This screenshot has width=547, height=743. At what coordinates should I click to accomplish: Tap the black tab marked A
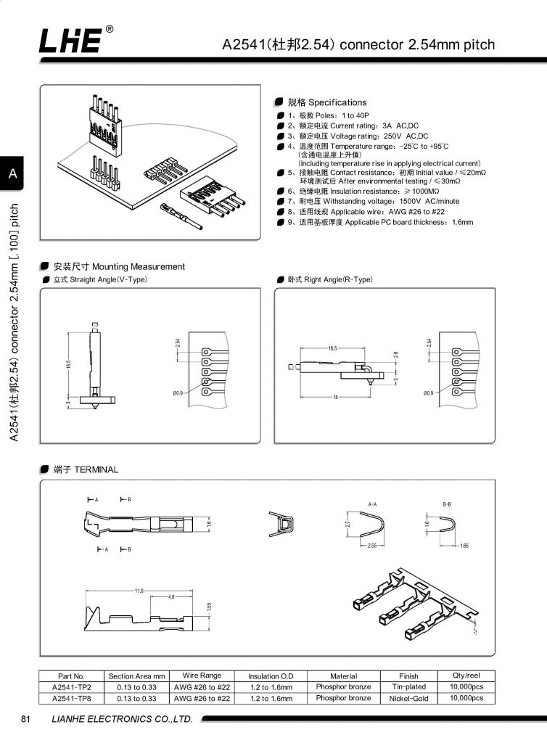click(x=13, y=173)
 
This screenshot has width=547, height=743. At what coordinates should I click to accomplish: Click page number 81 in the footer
click(x=26, y=720)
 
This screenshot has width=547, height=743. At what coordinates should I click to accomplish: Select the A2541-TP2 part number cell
click(x=71, y=686)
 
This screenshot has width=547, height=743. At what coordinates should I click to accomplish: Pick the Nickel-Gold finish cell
click(x=408, y=698)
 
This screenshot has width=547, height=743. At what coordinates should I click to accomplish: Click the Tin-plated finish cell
click(x=408, y=686)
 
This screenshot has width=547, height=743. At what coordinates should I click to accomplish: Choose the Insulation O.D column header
click(x=270, y=676)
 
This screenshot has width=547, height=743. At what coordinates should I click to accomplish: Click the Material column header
click(x=343, y=676)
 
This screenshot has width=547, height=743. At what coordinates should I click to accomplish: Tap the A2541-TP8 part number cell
click(x=71, y=698)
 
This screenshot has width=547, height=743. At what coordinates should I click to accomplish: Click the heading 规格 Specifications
click(x=327, y=102)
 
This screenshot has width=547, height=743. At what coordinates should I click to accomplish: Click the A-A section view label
click(x=373, y=504)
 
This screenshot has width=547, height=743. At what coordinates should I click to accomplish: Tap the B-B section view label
click(x=447, y=504)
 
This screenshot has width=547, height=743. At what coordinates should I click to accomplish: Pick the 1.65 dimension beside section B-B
click(x=465, y=545)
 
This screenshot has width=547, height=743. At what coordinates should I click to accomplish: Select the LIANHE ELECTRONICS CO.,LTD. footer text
click(x=122, y=720)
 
